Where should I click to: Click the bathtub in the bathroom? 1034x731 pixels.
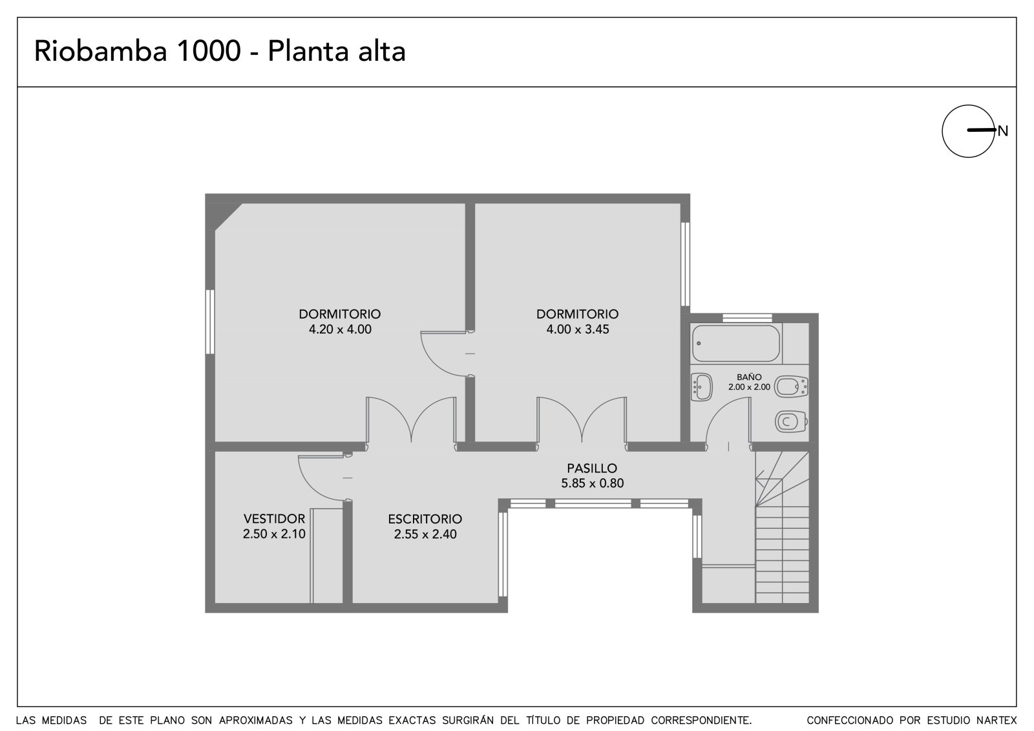[x=736, y=343]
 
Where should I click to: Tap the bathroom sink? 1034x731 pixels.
[x=702, y=387]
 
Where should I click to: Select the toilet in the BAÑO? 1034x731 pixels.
[x=791, y=421]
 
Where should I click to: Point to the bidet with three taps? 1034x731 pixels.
[x=791, y=387]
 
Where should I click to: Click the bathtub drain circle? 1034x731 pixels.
[x=699, y=343]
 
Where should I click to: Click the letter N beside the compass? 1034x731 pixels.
[x=1002, y=131]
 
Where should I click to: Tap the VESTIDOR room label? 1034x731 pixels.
[x=274, y=518]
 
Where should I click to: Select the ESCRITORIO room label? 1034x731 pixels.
[x=425, y=519]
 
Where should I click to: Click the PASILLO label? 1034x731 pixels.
[x=592, y=468]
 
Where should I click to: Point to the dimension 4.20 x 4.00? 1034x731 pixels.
[x=340, y=329]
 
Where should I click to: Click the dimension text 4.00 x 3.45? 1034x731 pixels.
[x=578, y=329]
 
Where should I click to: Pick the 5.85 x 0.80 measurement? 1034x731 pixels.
[x=592, y=483]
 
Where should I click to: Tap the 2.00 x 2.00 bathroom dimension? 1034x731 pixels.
[x=749, y=387]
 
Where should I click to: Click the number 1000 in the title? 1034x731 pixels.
[x=209, y=51]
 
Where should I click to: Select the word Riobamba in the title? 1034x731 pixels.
[x=101, y=51]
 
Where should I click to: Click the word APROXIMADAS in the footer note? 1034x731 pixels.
[x=256, y=721]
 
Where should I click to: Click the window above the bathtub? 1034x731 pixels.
[x=747, y=318]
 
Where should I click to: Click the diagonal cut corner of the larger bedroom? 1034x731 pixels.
[x=229, y=217]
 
